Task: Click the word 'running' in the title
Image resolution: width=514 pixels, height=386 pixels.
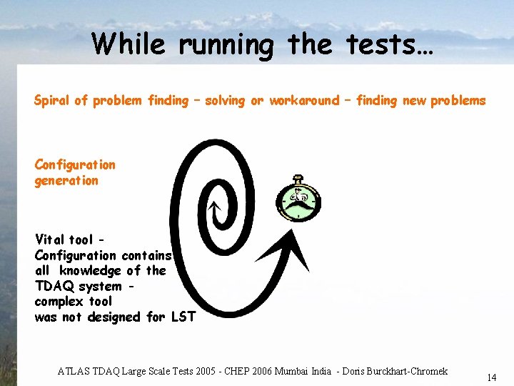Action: pos(226,45)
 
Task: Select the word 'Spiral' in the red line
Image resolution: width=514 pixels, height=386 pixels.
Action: pos(52,101)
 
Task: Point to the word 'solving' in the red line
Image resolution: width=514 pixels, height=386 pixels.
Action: pos(225,101)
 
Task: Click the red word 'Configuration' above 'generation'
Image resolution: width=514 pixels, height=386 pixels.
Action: pos(75,165)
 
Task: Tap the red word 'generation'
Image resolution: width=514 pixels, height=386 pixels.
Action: pos(66,181)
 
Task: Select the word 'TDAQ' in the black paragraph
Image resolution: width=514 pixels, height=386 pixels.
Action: pos(55,286)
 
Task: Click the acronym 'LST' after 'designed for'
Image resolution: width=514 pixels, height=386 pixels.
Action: pos(183,317)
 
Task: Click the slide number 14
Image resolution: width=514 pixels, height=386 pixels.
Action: pos(491,377)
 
